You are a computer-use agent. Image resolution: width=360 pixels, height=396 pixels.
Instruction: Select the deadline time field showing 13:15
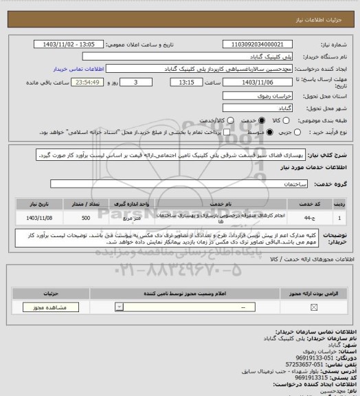tap(186, 82)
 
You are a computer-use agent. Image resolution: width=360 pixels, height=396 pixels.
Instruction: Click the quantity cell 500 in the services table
tap(85, 217)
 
